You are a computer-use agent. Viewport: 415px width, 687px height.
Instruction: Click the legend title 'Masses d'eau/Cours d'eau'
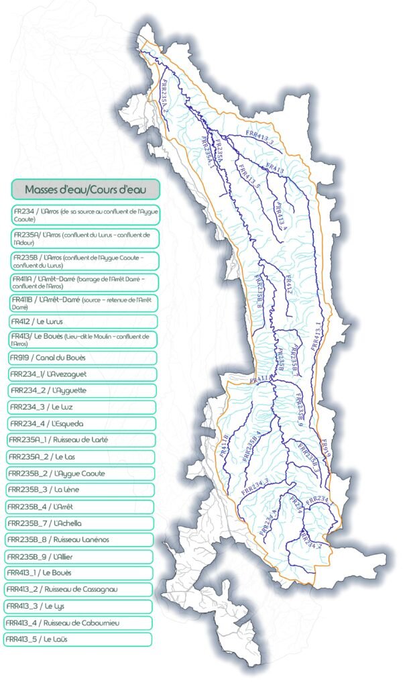coord(85,188)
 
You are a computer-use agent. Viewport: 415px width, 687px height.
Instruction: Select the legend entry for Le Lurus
coord(83,321)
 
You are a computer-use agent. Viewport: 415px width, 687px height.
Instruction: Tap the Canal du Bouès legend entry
coord(83,358)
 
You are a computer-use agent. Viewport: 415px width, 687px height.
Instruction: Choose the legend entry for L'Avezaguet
coord(82,374)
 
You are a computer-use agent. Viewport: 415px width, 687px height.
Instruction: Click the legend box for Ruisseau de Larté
coord(80,440)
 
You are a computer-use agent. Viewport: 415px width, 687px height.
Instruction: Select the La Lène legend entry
coord(80,490)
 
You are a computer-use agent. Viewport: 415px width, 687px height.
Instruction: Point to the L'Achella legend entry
coord(80,523)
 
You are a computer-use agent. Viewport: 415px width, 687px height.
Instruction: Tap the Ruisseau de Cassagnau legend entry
coord(78,590)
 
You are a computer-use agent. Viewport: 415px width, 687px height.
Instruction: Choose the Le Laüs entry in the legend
coord(77,639)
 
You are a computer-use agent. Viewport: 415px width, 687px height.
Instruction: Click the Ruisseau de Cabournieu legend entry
coord(78,623)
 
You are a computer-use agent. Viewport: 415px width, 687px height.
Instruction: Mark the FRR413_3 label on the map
coord(261,139)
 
